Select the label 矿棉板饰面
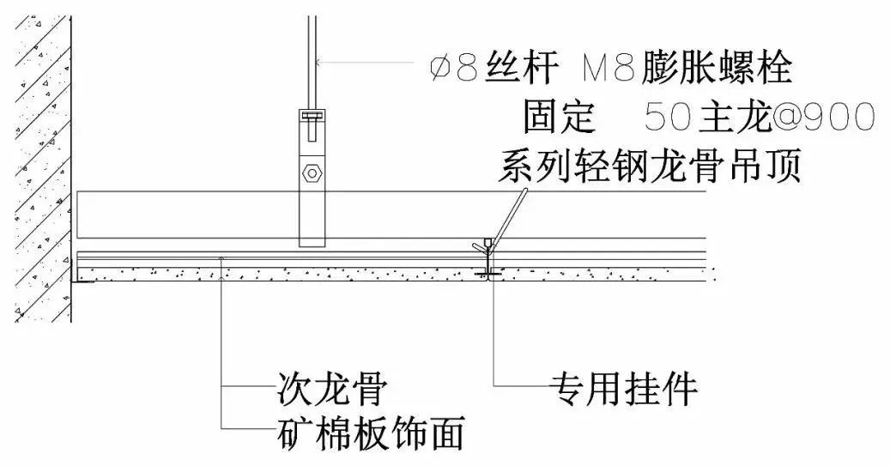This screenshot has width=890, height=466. [370, 433]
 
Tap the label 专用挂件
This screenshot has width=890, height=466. [623, 390]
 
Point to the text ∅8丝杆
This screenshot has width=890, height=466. [484, 67]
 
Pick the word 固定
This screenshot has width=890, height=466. [559, 116]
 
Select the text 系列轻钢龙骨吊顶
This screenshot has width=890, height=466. [649, 166]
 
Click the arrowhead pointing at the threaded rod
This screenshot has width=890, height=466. [319, 61]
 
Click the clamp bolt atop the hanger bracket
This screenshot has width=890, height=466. [312, 117]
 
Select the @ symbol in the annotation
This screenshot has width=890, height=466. [786, 116]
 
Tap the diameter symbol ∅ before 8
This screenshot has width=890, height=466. [442, 67]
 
